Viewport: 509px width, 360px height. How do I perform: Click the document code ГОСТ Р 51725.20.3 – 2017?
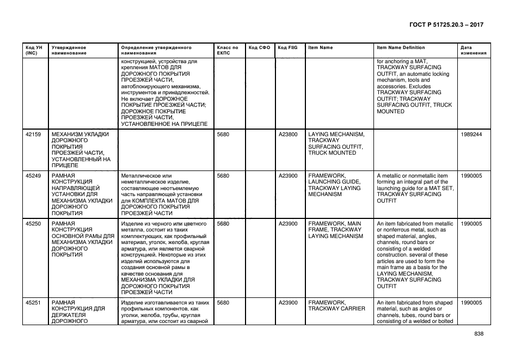(x=445, y=25)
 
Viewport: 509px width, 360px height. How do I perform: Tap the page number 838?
(x=479, y=334)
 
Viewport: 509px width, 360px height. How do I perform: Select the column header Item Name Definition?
(x=401, y=47)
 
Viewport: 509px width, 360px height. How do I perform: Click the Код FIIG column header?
(x=287, y=47)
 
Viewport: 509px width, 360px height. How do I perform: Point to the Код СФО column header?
(x=259, y=47)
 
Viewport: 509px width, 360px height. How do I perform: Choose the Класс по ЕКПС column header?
(x=228, y=50)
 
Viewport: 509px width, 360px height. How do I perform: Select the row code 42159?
(x=33, y=134)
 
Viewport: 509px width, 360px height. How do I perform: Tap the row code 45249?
(x=33, y=176)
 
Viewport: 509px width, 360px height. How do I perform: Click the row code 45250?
(x=33, y=224)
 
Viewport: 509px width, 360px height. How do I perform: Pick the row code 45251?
(x=33, y=302)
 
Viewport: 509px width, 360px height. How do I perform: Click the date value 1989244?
(x=471, y=134)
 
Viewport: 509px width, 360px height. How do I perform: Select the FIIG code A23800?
(x=288, y=134)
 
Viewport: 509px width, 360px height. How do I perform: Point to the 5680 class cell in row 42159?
(x=223, y=134)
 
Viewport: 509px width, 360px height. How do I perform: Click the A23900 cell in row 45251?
(x=288, y=302)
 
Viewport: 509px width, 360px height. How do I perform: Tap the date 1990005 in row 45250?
(x=471, y=224)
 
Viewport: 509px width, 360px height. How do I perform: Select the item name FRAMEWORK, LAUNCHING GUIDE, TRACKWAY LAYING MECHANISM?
(x=334, y=185)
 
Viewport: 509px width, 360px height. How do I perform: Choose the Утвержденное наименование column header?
(x=69, y=50)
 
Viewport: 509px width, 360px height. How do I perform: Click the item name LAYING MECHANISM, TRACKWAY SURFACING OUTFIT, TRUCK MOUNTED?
(x=336, y=143)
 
